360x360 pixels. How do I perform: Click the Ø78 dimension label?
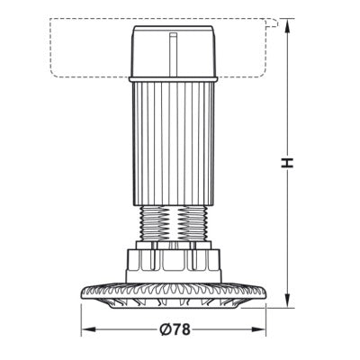click(x=175, y=329)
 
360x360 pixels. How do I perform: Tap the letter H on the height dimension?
click(x=287, y=162)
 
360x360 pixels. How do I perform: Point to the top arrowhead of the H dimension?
click(x=287, y=26)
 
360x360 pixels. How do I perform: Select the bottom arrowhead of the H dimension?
click(x=287, y=300)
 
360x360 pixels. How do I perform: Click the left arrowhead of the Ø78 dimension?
click(x=89, y=329)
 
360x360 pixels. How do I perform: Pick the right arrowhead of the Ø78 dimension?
click(x=258, y=329)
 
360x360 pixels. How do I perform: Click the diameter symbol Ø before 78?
click(x=166, y=329)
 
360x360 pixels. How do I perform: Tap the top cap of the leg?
click(x=174, y=51)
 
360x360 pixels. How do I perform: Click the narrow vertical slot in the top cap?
click(x=174, y=54)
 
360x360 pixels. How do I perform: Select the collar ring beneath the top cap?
click(x=174, y=79)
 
